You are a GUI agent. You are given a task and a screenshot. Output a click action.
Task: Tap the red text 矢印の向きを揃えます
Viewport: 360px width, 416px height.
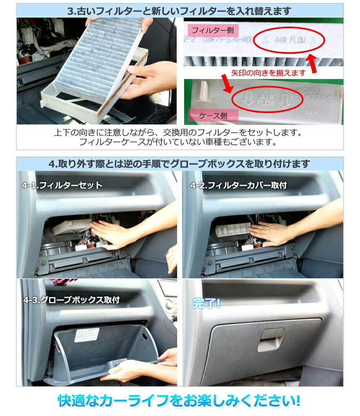(268, 72)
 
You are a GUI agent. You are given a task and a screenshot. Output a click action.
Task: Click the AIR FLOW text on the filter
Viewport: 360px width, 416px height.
(289, 40)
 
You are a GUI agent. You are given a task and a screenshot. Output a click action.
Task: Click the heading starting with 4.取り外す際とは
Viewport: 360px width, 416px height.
(180, 164)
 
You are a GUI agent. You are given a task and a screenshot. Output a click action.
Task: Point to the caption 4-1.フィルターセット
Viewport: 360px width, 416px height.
(62, 185)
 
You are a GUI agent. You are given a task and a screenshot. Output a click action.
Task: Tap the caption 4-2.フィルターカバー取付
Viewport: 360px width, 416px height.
(239, 185)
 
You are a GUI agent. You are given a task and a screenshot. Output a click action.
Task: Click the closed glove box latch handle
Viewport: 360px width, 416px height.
(270, 339)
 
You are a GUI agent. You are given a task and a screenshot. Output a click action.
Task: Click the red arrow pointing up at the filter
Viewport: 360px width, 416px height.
(314, 64)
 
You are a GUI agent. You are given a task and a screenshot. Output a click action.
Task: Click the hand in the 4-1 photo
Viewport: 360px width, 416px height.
(106, 233)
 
